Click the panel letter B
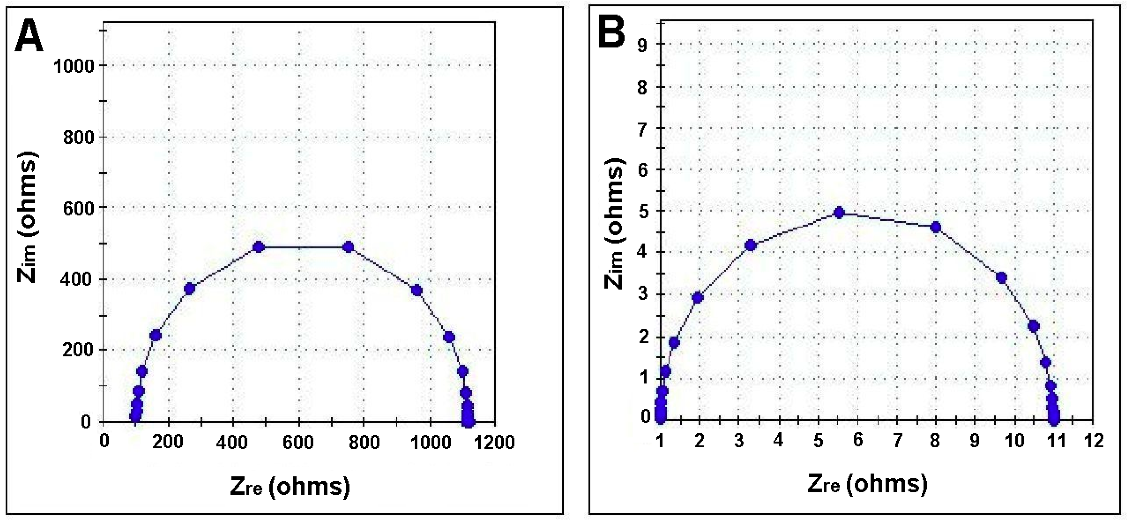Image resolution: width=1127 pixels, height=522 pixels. (x=611, y=34)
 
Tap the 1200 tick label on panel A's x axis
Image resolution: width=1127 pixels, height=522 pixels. (x=495, y=442)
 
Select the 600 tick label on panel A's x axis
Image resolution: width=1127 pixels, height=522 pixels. (x=298, y=442)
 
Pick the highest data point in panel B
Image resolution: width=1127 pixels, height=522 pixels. (x=839, y=213)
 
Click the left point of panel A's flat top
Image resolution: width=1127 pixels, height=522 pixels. (x=259, y=247)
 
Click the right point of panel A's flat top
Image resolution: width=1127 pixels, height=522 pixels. (x=348, y=247)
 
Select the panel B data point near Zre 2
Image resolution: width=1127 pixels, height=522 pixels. (x=698, y=298)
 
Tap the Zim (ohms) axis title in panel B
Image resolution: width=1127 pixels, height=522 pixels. (x=615, y=224)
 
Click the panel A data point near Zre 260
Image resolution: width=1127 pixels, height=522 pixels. (x=189, y=288)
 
